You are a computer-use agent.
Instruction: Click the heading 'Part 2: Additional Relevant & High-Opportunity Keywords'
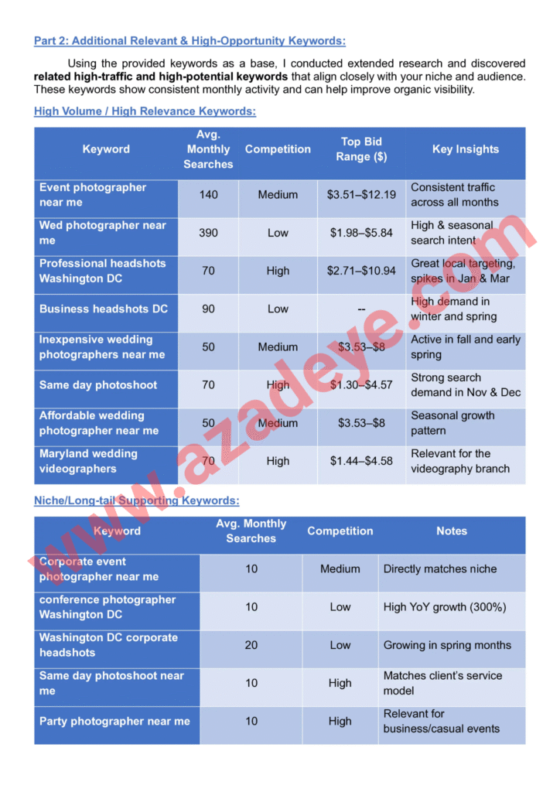190,41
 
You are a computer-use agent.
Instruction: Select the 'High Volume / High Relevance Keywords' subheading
145,111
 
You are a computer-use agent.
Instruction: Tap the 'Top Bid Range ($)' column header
361,149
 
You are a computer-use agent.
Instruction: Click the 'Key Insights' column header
465,149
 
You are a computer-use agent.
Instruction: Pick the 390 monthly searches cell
208,233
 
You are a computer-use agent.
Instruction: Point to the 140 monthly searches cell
208,195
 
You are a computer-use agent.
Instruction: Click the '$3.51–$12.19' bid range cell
361,195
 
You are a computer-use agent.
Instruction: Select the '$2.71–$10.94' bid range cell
361,271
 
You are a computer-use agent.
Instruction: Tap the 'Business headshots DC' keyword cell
104,309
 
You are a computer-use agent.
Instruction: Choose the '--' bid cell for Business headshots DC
361,309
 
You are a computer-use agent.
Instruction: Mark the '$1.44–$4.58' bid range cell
361,461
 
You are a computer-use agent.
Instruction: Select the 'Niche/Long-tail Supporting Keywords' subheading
136,501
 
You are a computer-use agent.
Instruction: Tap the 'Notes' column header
452,531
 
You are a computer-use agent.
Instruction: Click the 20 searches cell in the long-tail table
251,645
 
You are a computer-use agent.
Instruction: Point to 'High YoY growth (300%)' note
446,607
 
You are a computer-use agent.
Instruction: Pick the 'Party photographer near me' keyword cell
114,722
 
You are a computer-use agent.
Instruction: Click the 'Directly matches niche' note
440,569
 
